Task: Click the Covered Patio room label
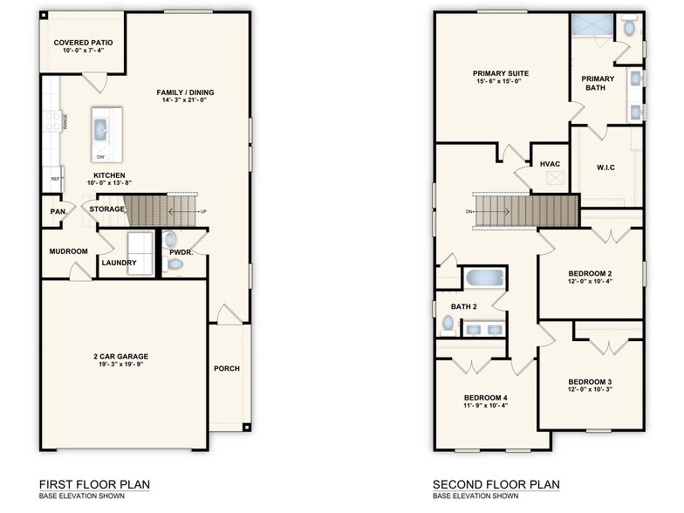83,42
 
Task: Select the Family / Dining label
186,92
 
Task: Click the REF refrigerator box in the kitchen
55,179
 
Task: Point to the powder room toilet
170,240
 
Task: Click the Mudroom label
68,251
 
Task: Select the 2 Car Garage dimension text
120,365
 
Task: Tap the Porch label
227,368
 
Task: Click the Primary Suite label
501,73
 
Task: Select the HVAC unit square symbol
550,178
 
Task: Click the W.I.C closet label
606,167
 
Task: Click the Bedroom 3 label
591,381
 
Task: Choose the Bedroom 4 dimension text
485,407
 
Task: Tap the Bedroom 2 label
591,272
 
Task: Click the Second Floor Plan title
496,484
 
